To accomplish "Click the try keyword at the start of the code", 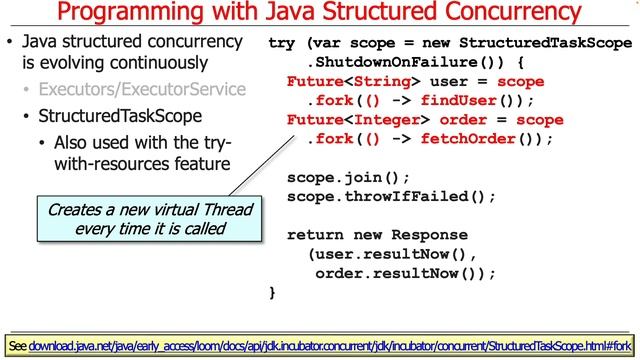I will (x=282, y=44).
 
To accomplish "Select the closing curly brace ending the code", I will (x=273, y=292).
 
